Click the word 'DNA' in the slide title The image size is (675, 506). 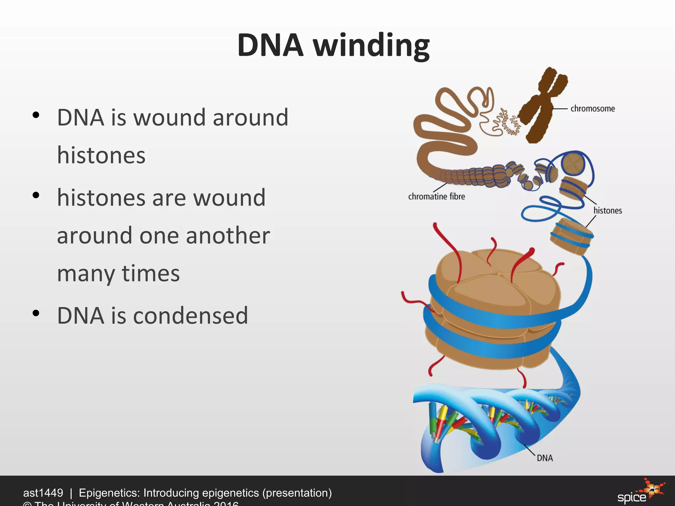tap(270, 45)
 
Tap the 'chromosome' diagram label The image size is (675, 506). tap(593, 109)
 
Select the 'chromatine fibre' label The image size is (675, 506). tap(436, 197)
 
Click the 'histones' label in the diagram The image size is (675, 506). tap(607, 211)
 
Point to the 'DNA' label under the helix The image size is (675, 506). tap(545, 458)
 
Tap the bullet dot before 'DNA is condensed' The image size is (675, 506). tap(36, 313)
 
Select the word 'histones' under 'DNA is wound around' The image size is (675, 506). tap(101, 155)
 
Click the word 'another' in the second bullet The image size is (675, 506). tap(228, 236)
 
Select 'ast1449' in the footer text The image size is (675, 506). tap(43, 493)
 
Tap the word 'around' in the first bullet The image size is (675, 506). tap(250, 118)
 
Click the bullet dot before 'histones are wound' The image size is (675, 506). tap(36, 195)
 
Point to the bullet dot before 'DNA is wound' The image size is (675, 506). tap(36, 115)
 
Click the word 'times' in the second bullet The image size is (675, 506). tap(151, 273)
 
